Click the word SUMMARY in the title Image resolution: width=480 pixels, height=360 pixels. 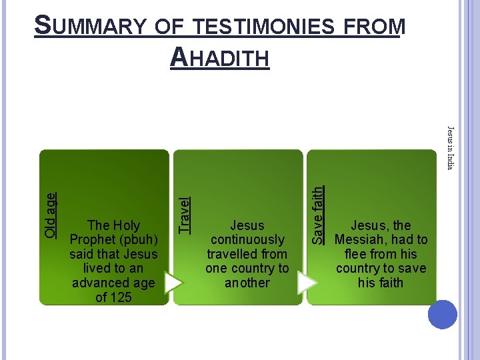pyautogui.click(x=87, y=26)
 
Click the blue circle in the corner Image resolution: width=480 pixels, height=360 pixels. pyautogui.click(x=443, y=315)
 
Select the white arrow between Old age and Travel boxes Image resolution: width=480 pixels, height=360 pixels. pyautogui.click(x=173, y=283)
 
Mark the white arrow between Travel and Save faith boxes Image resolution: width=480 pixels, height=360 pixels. pyautogui.click(x=306, y=283)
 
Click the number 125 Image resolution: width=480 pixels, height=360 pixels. pyautogui.click(x=122, y=297)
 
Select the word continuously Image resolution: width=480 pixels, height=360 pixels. pyautogui.click(x=247, y=240)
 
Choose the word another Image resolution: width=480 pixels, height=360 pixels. pyautogui.click(x=247, y=283)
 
